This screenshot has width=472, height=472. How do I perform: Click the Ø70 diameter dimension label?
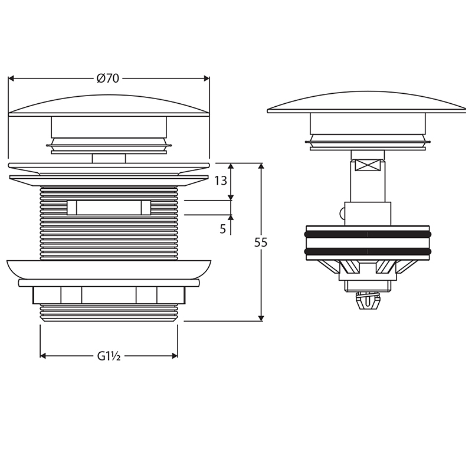pyautogui.click(x=108, y=78)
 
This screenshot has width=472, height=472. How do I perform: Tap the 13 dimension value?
pyautogui.click(x=220, y=181)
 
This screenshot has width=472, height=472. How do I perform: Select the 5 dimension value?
pyautogui.click(x=223, y=229)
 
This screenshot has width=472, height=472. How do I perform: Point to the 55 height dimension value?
pyautogui.click(x=261, y=242)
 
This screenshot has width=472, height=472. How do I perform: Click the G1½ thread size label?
pyautogui.click(x=109, y=356)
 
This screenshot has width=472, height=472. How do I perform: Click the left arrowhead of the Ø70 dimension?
pyautogui.click(x=11, y=78)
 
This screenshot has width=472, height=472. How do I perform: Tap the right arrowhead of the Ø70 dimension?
pyautogui.click(x=206, y=78)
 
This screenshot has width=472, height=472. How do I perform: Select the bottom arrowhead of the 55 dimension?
pyautogui.click(x=261, y=318)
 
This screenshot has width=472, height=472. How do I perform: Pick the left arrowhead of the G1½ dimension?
pyautogui.click(x=42, y=356)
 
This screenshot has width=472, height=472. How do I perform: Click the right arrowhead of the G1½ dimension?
pyautogui.click(x=175, y=356)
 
